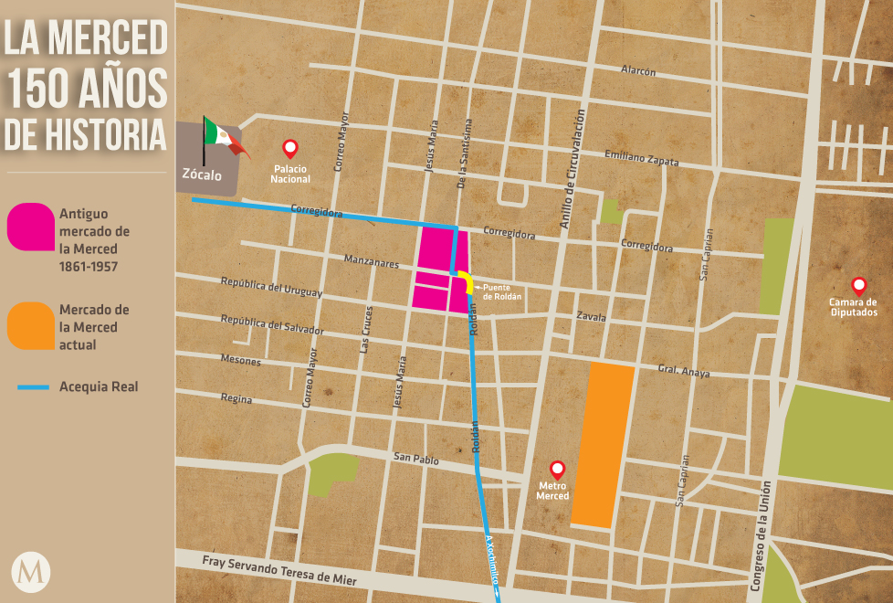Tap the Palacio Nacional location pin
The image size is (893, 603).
pos(290,148)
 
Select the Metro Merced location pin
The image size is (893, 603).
pos(557,470)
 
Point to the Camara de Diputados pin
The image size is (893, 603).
pos(858,285)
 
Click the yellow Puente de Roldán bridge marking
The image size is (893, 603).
pos(467,282)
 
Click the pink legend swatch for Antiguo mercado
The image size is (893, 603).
pos(31,227)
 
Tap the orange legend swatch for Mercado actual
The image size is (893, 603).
pos(31,325)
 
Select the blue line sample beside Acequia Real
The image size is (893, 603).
pos(33,387)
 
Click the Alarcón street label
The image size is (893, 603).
pos(638,71)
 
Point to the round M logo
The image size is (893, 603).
pos(31,572)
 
